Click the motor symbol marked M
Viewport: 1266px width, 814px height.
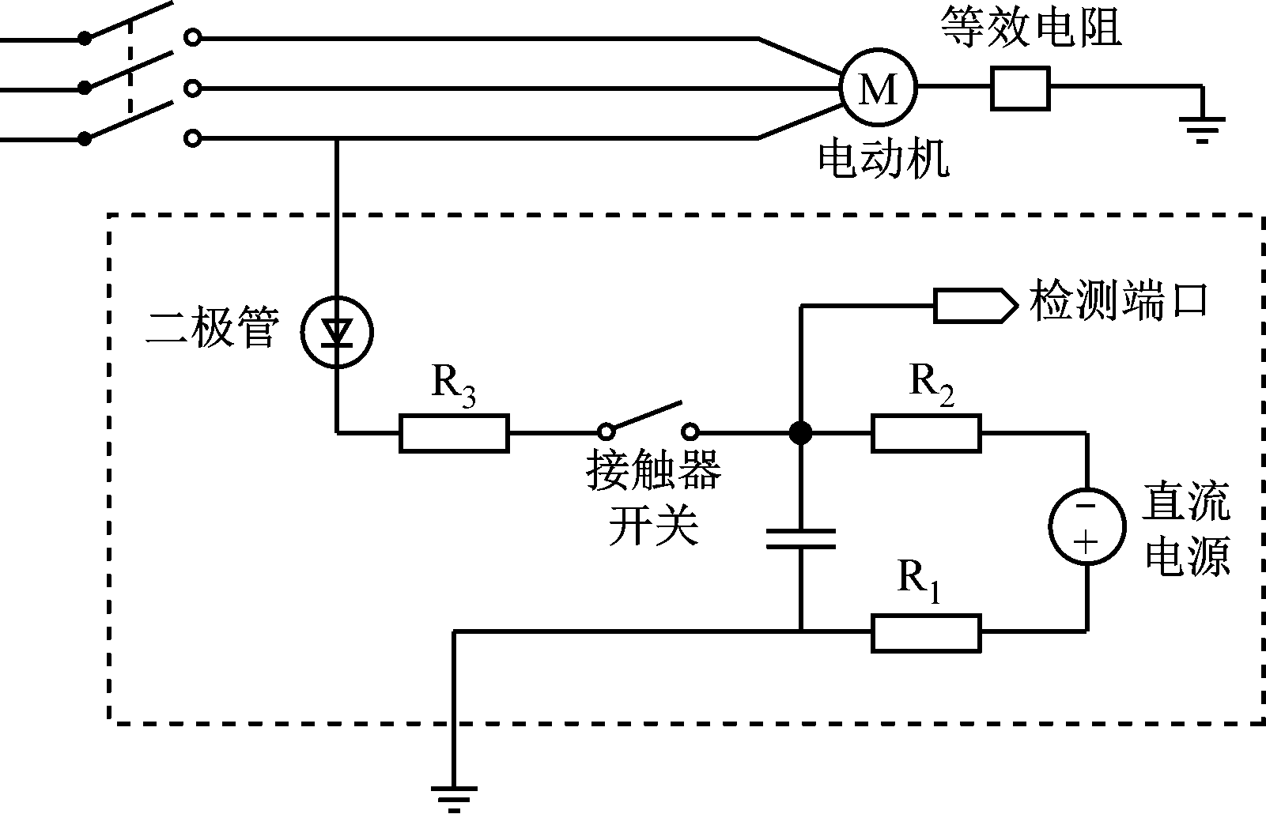pos(878,88)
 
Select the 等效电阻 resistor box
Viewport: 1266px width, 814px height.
pos(1020,88)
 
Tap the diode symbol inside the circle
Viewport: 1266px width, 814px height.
pos(338,332)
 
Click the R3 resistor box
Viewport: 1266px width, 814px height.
pos(454,433)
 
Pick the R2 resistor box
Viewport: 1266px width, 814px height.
pos(926,433)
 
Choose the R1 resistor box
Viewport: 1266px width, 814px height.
pos(926,633)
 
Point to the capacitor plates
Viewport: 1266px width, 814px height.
pos(801,538)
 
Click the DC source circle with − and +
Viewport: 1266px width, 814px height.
pos(1087,526)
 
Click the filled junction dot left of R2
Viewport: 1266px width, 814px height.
pos(801,433)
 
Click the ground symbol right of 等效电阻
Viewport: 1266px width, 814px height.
pos(1202,126)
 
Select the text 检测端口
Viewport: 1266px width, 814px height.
pos(1118,301)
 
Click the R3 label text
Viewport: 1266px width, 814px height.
pos(454,385)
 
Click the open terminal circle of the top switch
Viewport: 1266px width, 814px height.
pos(191,37)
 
